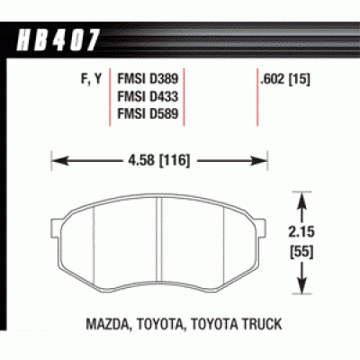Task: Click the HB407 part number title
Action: pyautogui.click(x=58, y=40)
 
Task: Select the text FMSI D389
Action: pyautogui.click(x=148, y=79)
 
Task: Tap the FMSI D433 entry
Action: pyautogui.click(x=148, y=96)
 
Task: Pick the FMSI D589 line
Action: pyautogui.click(x=148, y=113)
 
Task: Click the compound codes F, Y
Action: pyautogui.click(x=92, y=79)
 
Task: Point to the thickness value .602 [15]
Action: pyautogui.click(x=285, y=79)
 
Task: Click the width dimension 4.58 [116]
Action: pyautogui.click(x=159, y=161)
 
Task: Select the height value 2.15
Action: pyautogui.click(x=301, y=232)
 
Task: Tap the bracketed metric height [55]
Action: pyautogui.click(x=301, y=252)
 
